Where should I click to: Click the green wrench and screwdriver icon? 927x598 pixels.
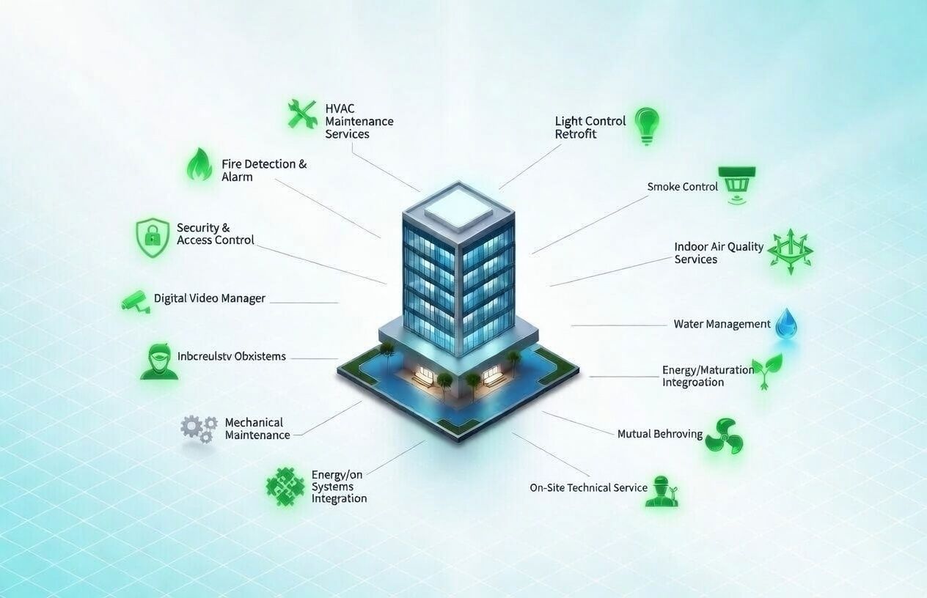pyautogui.click(x=301, y=114)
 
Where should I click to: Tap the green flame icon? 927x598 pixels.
pyautogui.click(x=199, y=165)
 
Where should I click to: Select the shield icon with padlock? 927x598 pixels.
pyautogui.click(x=153, y=237)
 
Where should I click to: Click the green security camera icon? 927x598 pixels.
pyautogui.click(x=136, y=301)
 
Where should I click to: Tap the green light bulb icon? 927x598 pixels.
pyautogui.click(x=647, y=125)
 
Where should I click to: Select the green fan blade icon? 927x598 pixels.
pyautogui.click(x=724, y=435)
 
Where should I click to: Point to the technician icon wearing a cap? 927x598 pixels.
pyautogui.click(x=662, y=491)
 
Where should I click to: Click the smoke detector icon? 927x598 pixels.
pyautogui.click(x=737, y=183)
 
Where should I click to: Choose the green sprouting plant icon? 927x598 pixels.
pyautogui.click(x=767, y=370)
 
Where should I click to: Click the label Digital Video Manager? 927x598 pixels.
pyautogui.click(x=210, y=298)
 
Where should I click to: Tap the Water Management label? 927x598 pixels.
pyautogui.click(x=722, y=324)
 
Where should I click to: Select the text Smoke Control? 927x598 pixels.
pyautogui.click(x=682, y=187)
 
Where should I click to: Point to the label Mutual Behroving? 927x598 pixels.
pyautogui.click(x=659, y=434)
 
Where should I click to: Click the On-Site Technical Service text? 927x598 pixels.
pyautogui.click(x=588, y=487)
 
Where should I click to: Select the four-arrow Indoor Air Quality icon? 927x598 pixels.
pyautogui.click(x=790, y=251)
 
